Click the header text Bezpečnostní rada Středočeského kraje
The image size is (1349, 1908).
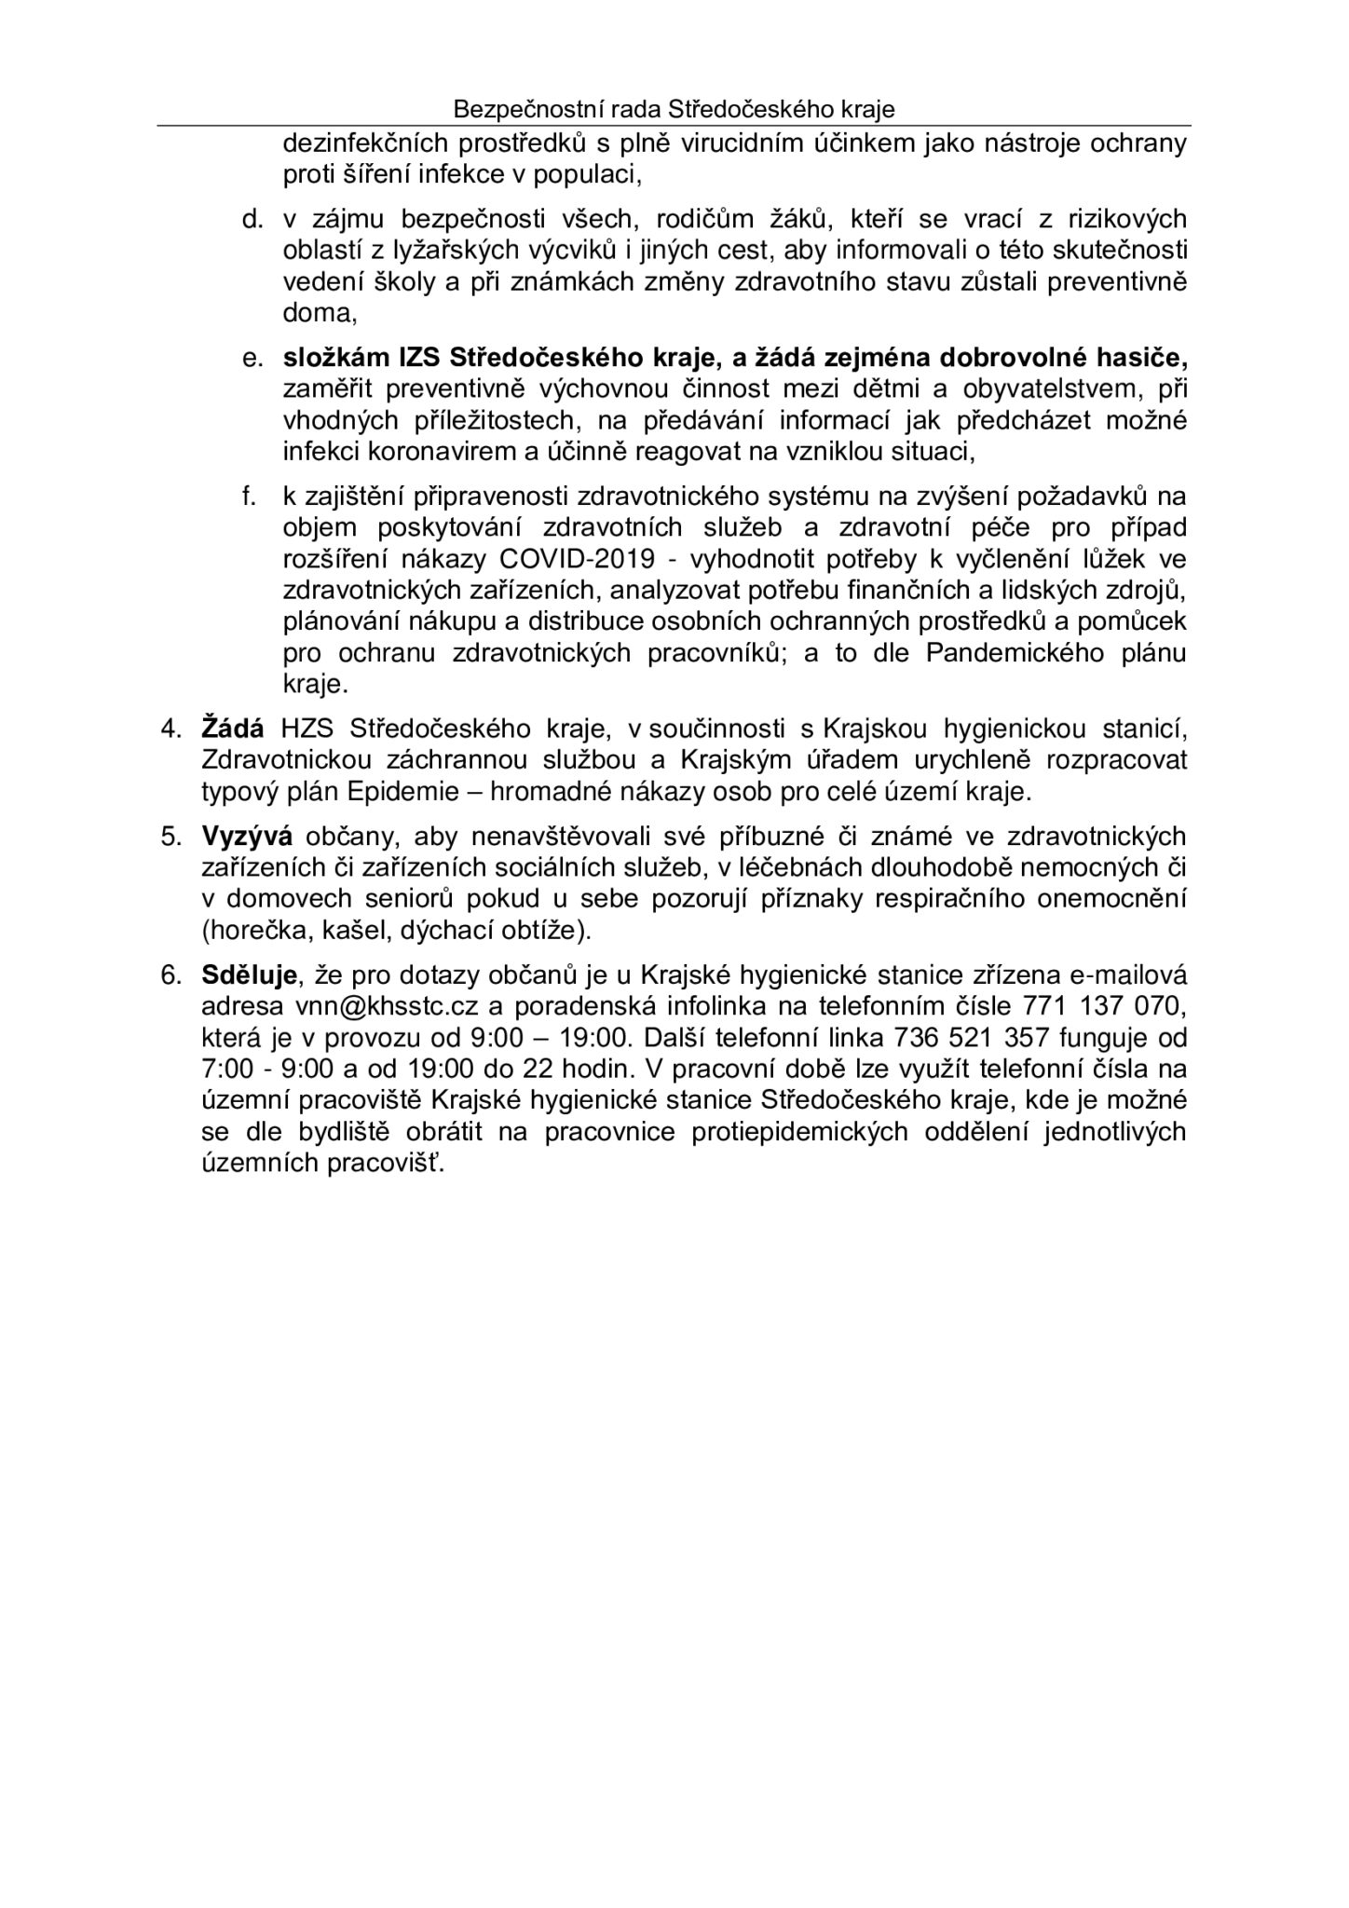tap(674, 109)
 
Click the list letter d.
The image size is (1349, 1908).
tap(249, 219)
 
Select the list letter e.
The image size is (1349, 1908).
tap(249, 358)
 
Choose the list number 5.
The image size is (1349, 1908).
tap(170, 836)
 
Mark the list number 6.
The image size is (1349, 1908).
tap(170, 975)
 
